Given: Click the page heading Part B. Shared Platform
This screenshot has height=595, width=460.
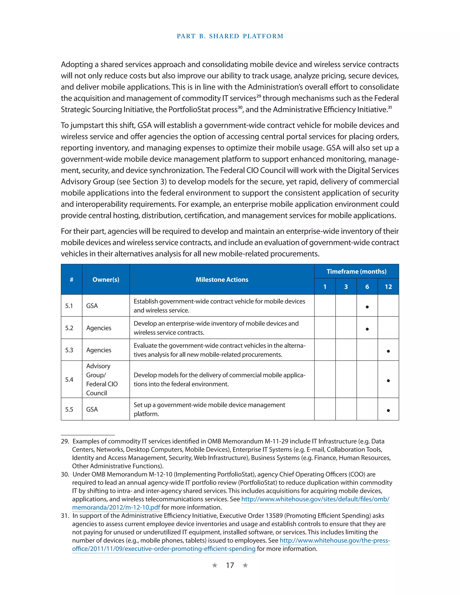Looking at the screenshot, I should pyautogui.click(x=230, y=36).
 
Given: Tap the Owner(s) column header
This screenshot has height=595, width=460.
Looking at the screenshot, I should pyautogui.click(x=106, y=280).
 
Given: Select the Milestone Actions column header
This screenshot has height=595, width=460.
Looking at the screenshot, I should pyautogui.click(x=222, y=280).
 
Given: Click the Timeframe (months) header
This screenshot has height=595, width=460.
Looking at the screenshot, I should pyautogui.click(x=356, y=271).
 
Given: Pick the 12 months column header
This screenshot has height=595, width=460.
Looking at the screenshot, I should pyautogui.click(x=388, y=286).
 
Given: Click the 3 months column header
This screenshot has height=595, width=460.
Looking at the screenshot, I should pyautogui.click(x=346, y=286).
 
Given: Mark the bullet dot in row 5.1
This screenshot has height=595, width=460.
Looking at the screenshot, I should pyautogui.click(x=367, y=307).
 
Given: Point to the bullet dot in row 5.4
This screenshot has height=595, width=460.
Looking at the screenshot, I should pyautogui.click(x=388, y=381).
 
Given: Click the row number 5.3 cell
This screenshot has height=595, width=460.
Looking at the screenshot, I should pyautogui.click(x=69, y=350).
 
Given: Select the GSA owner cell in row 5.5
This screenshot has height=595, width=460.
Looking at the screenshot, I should pyautogui.click(x=92, y=409).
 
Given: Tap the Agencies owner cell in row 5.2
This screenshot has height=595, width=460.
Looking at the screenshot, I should pyautogui.click(x=99, y=328).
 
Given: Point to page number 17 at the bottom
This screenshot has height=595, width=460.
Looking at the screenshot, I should pyautogui.click(x=230, y=565).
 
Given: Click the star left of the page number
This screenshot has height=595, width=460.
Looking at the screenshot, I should pyautogui.click(x=215, y=565).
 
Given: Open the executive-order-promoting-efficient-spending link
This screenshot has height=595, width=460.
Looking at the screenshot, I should pyautogui.click(x=164, y=549).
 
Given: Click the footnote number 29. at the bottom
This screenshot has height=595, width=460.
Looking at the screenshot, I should pyautogui.click(x=65, y=441).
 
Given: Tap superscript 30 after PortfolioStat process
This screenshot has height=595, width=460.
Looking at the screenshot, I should pyautogui.click(x=240, y=107).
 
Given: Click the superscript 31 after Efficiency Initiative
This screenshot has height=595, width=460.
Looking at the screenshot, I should pyautogui.click(x=390, y=107).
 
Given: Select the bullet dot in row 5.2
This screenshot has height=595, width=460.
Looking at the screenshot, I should pyautogui.click(x=367, y=329).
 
